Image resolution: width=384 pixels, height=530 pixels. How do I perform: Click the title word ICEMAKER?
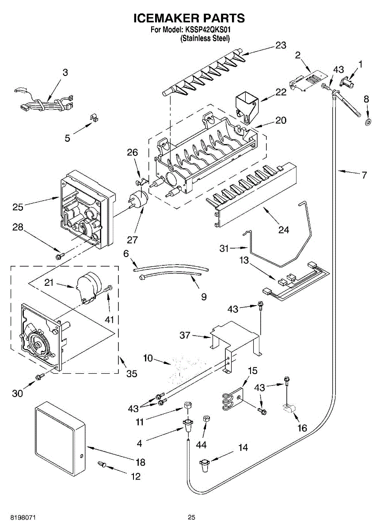[164, 18]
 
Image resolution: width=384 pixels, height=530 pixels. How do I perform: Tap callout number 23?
[281, 45]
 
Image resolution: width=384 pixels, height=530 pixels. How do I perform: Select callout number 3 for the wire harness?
[65, 73]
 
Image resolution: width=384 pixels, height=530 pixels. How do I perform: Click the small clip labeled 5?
[93, 118]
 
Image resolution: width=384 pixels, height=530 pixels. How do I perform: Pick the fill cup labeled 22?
[247, 105]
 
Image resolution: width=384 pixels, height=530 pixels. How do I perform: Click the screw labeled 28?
[59, 256]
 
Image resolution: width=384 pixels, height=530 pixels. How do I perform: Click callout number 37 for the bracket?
[185, 336]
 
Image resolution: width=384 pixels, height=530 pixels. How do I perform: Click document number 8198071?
[18, 517]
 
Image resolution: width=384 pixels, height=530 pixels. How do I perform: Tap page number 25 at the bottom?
[191, 517]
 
